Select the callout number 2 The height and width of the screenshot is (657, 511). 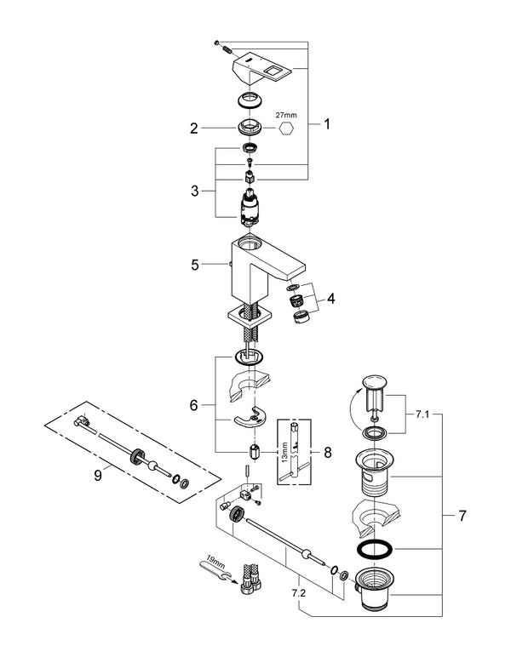[193, 129]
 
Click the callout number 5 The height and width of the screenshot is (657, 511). [194, 265]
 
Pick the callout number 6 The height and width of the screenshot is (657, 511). [194, 406]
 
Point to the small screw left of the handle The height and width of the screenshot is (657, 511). [219, 43]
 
